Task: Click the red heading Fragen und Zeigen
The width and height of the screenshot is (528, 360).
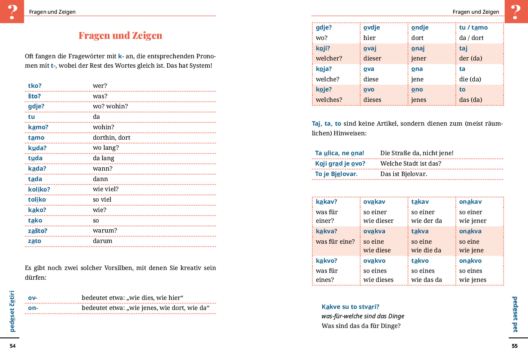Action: click(120, 35)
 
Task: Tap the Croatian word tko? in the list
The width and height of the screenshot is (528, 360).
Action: click(35, 86)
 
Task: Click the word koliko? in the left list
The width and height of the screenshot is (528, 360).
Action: click(39, 189)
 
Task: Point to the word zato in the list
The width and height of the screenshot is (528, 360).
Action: click(35, 241)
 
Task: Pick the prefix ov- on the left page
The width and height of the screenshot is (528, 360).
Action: click(33, 298)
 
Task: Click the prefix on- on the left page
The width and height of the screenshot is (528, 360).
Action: click(33, 308)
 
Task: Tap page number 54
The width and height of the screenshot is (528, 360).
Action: click(13, 346)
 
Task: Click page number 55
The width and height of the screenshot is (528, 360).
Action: click(515, 346)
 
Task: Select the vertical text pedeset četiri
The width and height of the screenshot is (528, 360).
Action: click(12, 311)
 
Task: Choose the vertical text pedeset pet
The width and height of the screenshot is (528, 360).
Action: click(515, 314)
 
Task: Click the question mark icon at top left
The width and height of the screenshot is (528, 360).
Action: click(12, 12)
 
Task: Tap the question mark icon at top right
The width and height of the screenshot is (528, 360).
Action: click(516, 12)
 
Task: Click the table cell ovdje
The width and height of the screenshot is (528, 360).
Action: click(372, 27)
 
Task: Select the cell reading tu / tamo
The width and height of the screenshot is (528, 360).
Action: click(473, 27)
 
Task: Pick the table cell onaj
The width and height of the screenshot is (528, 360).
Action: click(418, 48)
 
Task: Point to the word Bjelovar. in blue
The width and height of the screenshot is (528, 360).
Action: click(344, 174)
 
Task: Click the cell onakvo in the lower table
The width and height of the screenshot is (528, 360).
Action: click(470, 261)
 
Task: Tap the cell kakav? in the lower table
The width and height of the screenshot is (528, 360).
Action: click(326, 202)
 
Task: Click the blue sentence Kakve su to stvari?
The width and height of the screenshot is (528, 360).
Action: click(350, 307)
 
